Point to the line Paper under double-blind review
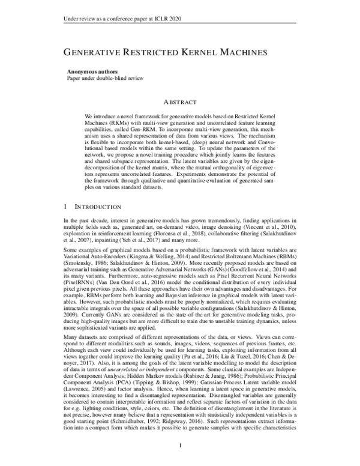tap(104, 79)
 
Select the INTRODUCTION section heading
tap(98, 206)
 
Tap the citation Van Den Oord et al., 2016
tap(118, 282)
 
